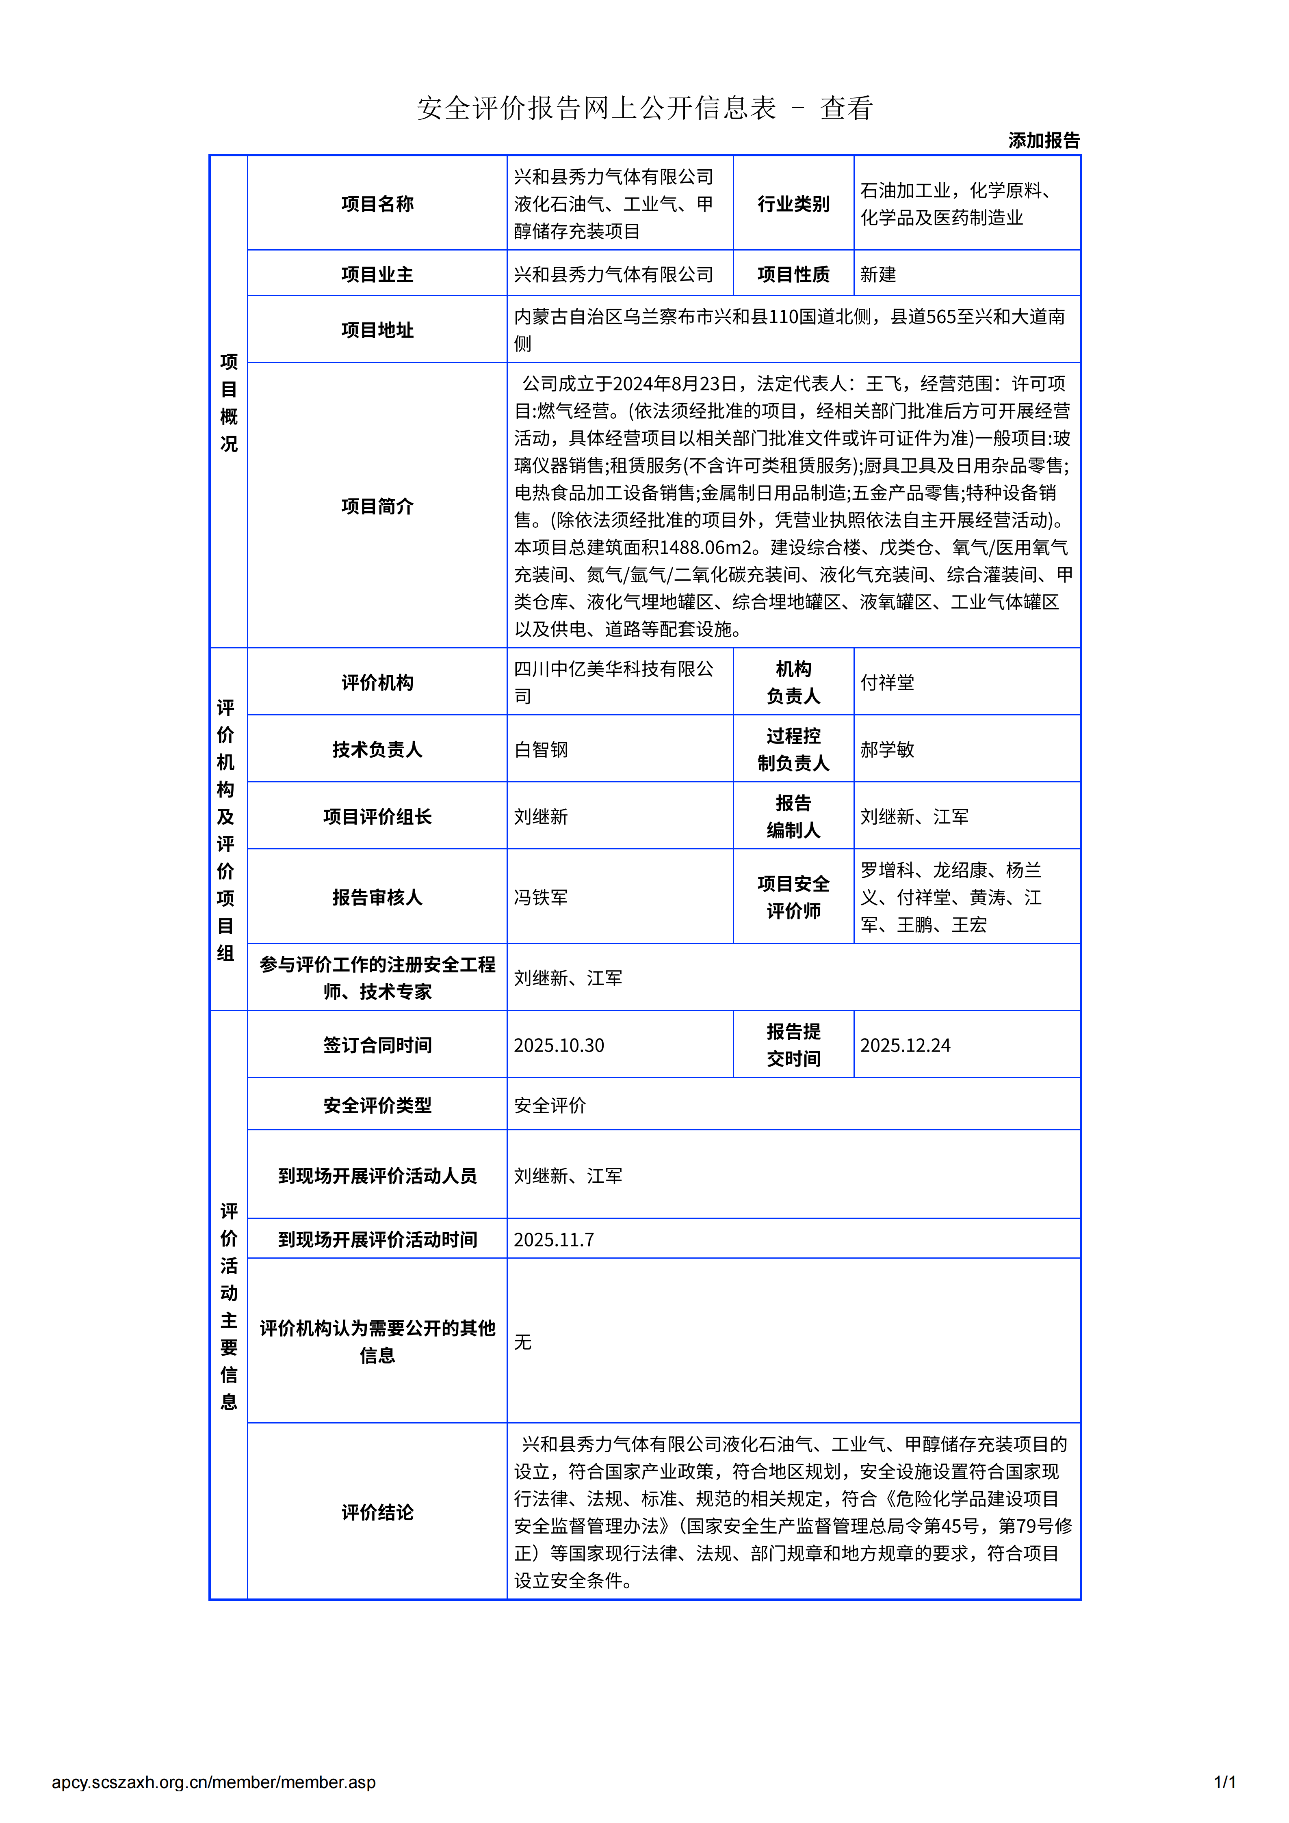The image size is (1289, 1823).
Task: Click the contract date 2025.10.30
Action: pyautogui.click(x=558, y=1045)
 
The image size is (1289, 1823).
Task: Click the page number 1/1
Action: pyautogui.click(x=1224, y=1782)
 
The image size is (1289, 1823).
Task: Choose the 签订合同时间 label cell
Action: pyautogui.click(x=377, y=1045)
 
